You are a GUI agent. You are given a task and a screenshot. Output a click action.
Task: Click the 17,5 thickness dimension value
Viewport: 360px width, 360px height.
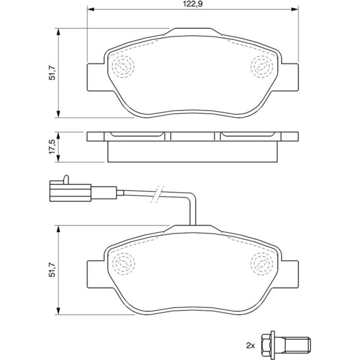52,147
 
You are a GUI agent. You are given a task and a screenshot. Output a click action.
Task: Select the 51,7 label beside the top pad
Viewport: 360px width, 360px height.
52,73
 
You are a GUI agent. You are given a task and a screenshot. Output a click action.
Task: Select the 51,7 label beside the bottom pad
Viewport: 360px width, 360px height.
52,270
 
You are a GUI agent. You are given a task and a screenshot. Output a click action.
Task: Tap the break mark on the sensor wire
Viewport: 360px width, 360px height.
157,194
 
